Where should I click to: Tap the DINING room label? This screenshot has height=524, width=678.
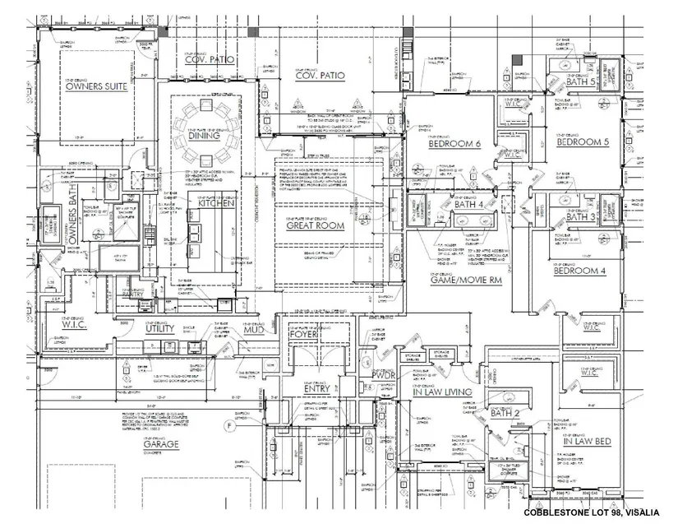click(x=205, y=160)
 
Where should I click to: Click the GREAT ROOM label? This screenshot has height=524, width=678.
click(x=314, y=225)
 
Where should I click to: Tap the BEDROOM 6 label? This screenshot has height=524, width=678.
click(x=454, y=144)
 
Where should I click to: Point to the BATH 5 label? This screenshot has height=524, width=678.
click(x=579, y=83)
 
